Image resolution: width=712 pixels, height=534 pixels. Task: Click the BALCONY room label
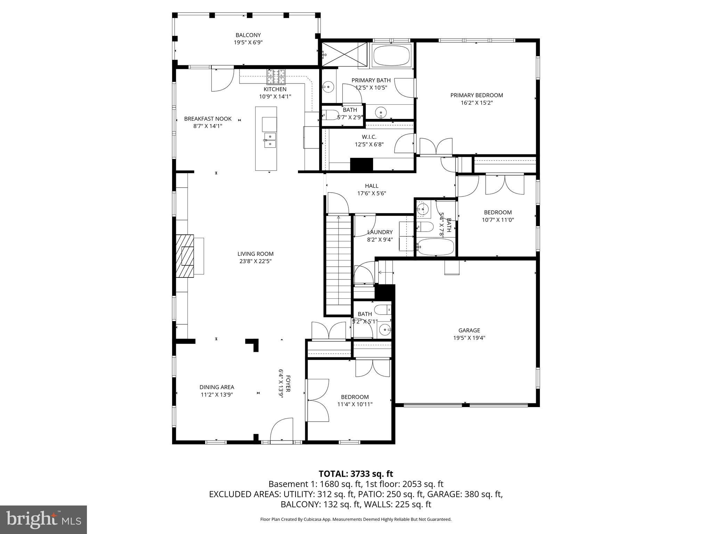[248, 35]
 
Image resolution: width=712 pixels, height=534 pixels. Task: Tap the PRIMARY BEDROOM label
[477, 95]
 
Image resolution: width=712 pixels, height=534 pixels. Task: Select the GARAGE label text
[469, 330]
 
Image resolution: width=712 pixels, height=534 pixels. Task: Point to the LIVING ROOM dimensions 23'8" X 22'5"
[256, 261]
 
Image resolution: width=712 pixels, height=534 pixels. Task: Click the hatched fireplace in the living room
[185, 256]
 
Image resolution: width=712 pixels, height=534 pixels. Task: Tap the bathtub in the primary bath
[391, 55]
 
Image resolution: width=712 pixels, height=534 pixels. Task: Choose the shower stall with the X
[344, 54]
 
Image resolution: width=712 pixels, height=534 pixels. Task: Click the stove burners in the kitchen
[276, 77]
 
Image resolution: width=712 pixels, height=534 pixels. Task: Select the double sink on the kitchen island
[270, 140]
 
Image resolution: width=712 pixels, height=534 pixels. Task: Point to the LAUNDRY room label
[380, 232]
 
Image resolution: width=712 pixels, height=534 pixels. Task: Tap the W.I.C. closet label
[369, 137]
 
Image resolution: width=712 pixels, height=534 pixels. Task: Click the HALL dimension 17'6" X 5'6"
[372, 194]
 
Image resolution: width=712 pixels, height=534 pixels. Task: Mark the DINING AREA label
[217, 387]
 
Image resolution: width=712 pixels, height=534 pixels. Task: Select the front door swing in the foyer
[281, 429]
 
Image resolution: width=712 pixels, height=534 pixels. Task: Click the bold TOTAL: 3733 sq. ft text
[356, 474]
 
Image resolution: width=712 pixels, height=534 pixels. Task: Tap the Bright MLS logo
[43, 520]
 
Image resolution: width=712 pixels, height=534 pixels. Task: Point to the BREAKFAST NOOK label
[208, 119]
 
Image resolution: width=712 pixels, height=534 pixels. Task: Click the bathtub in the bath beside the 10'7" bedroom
[436, 246]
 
